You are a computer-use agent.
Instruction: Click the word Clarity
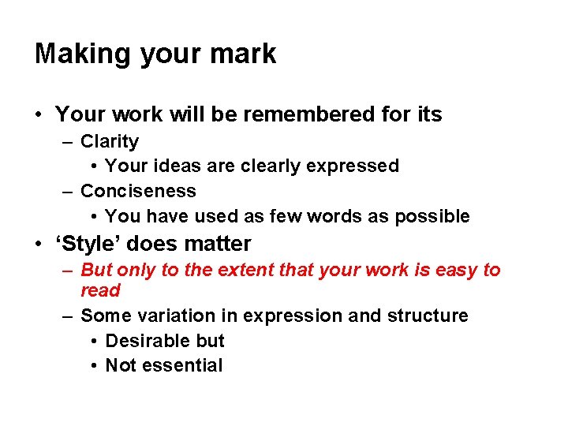coord(110,142)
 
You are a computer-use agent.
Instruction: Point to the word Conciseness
coord(138,191)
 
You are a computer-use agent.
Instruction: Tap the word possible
coord(432,216)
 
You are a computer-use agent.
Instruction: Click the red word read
coord(100,290)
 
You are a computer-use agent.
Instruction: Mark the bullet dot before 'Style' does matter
coord(39,245)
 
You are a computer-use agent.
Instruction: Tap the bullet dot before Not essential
coord(93,366)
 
